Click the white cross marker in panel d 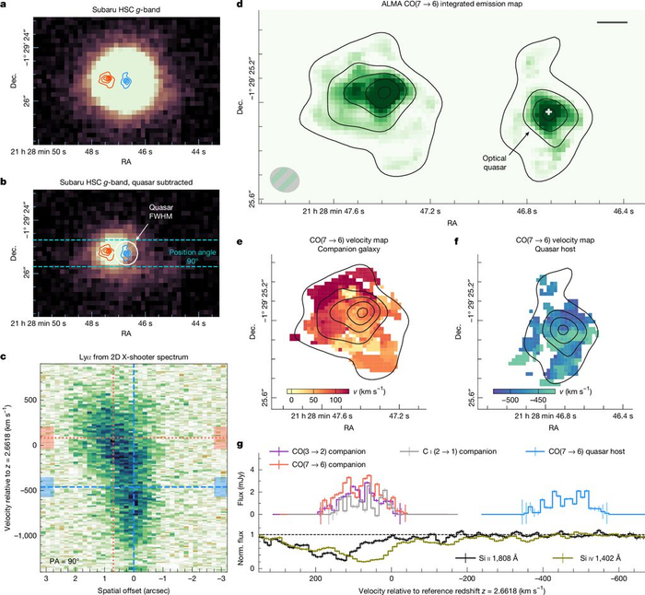click(548, 111)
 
